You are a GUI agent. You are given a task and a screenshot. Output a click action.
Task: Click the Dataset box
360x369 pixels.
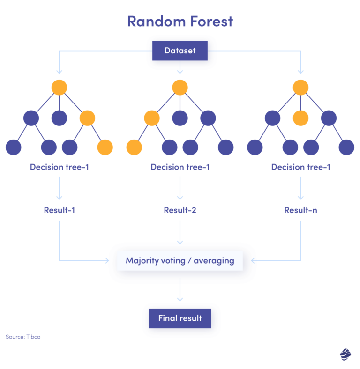coord(180,51)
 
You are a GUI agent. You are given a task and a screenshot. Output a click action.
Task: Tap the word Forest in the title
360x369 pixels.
coord(211,22)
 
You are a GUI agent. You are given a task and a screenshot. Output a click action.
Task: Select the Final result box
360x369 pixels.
coord(180,318)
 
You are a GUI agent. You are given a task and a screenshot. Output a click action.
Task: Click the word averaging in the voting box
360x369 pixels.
coord(214,261)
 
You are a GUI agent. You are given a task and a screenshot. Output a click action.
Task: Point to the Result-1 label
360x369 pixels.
coord(60,210)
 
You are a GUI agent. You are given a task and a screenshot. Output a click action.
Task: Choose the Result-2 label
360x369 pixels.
coord(180,210)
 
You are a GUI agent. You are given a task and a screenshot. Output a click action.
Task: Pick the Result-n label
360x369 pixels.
coord(300,210)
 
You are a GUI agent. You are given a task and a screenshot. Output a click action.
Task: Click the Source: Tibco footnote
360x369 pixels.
coord(23,337)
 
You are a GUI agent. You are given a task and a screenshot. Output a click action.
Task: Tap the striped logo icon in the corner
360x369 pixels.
coord(345,354)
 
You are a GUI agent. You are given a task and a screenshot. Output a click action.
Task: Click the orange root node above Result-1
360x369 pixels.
coord(59,87)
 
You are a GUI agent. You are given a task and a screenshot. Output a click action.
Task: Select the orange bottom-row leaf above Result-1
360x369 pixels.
coord(105,148)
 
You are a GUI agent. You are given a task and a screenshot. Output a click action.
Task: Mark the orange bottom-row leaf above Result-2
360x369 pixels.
coord(134,148)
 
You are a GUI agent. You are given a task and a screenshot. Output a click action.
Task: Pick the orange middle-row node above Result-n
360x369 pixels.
coord(300,118)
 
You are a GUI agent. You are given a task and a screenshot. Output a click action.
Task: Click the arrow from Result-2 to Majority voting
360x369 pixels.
coord(180,232)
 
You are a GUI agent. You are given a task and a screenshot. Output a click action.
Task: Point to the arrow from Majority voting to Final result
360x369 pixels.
coord(180,289)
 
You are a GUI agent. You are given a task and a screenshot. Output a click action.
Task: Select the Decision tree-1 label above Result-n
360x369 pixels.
coord(300,167)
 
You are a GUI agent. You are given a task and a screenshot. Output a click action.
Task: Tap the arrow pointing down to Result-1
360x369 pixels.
coord(60,188)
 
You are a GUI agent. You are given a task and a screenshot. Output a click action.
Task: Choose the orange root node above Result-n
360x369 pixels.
coord(300,87)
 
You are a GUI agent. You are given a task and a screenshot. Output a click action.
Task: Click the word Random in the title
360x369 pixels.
coord(157,22)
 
